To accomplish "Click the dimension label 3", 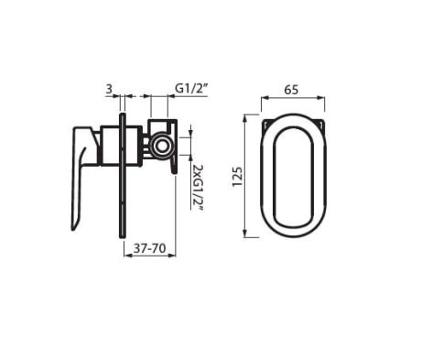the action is pos(109,89).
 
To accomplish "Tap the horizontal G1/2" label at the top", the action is pos(191,89).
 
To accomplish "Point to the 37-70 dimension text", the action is pos(150,248).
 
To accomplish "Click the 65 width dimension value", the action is pos(292,90).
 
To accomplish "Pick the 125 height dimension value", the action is pos(237,177).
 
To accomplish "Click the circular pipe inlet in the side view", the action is pos(162,146).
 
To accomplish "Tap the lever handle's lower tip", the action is pos(73,228).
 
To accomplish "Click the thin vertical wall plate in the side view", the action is pos(122,175).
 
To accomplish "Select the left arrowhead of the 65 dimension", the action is pos(264,98).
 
